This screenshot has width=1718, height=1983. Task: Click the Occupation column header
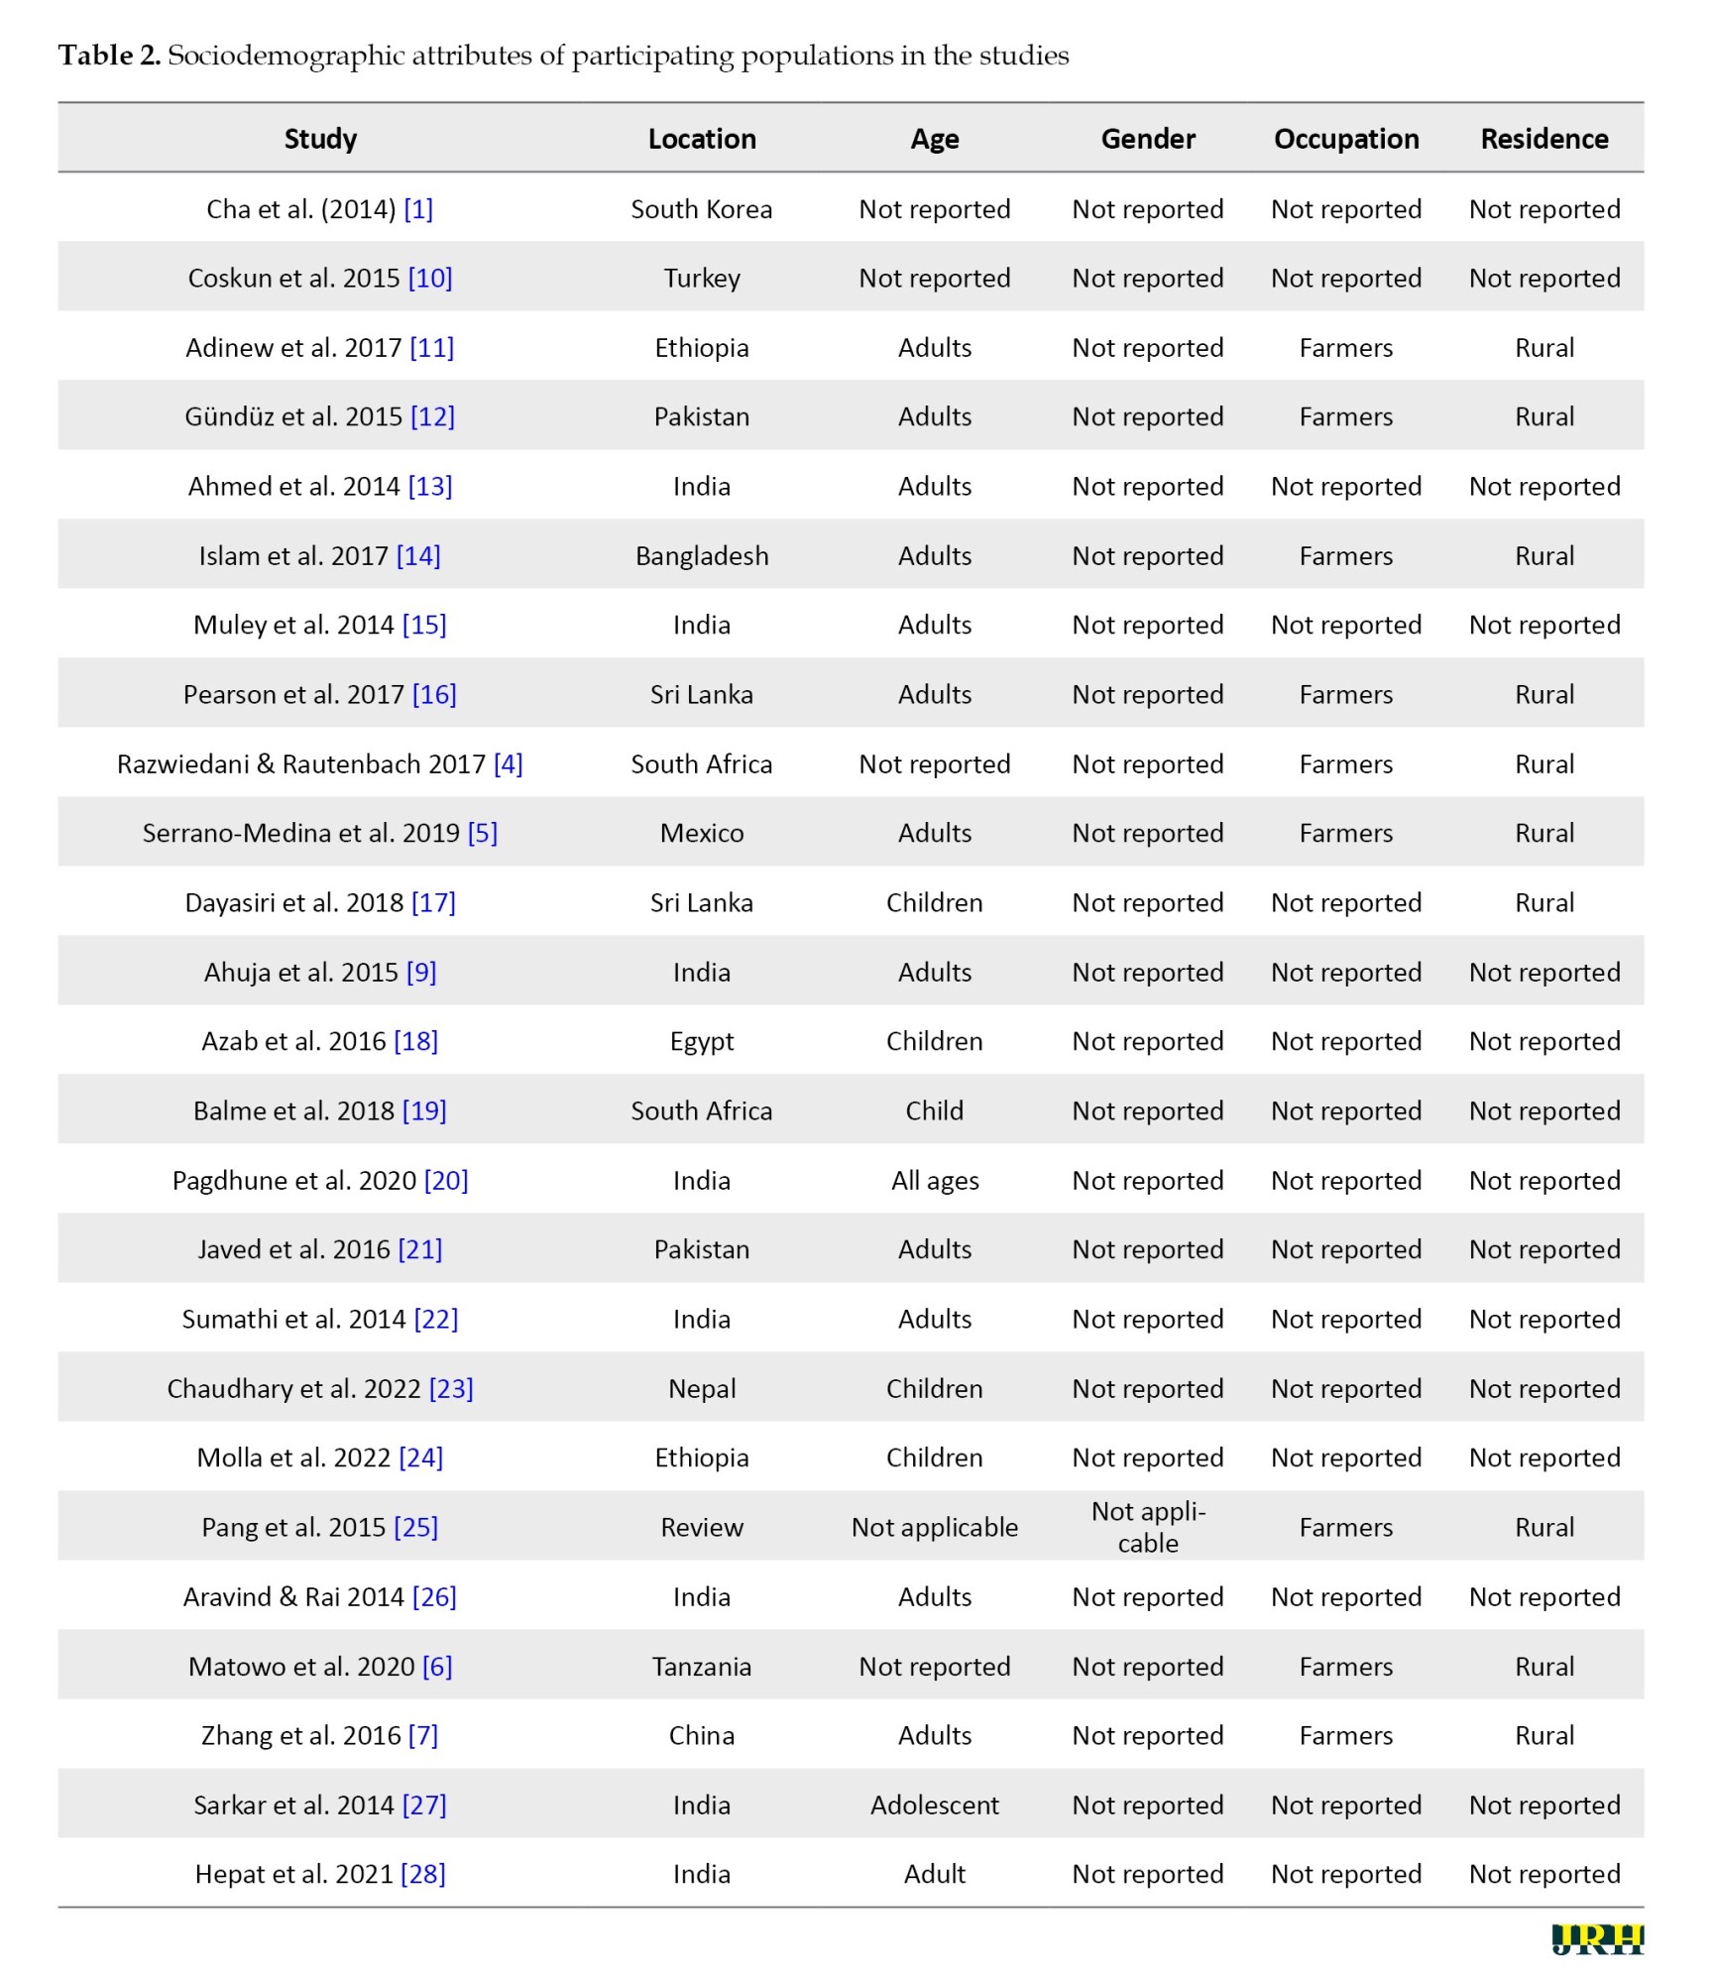point(1345,139)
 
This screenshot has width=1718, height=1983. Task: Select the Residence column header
point(1544,139)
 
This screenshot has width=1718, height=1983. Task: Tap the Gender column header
point(1147,139)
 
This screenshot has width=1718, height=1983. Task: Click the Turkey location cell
point(701,278)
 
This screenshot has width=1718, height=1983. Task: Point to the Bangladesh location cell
point(701,555)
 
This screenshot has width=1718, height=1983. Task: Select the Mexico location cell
point(701,833)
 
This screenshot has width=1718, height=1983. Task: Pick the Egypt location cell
point(701,1041)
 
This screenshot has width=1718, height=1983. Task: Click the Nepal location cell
point(701,1388)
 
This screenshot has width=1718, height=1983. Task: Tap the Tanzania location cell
point(701,1666)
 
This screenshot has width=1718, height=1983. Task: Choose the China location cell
point(701,1735)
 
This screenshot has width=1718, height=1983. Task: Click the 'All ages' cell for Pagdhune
point(934,1180)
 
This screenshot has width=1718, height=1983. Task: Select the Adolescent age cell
point(934,1805)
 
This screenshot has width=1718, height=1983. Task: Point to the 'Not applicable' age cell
point(934,1527)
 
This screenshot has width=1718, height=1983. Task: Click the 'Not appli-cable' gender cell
point(1147,1527)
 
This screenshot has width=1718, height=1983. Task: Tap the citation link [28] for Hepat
point(422,1874)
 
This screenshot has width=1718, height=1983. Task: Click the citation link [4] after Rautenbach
point(508,763)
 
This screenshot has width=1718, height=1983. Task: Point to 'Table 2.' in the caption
point(109,56)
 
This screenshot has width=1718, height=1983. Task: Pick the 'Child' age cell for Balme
point(934,1110)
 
